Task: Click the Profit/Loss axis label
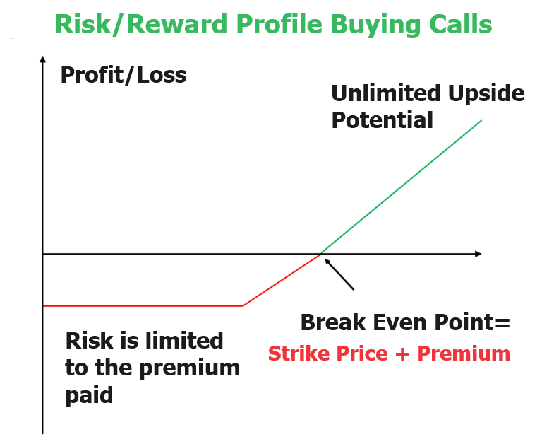tap(124, 75)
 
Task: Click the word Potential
tap(382, 120)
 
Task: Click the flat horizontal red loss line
tap(141, 305)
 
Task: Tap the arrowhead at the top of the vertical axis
tap(43, 59)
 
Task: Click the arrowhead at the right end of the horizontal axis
tap(478, 253)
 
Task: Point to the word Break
tap(330, 323)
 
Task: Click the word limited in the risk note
tap(185, 341)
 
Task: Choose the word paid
tap(89, 395)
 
